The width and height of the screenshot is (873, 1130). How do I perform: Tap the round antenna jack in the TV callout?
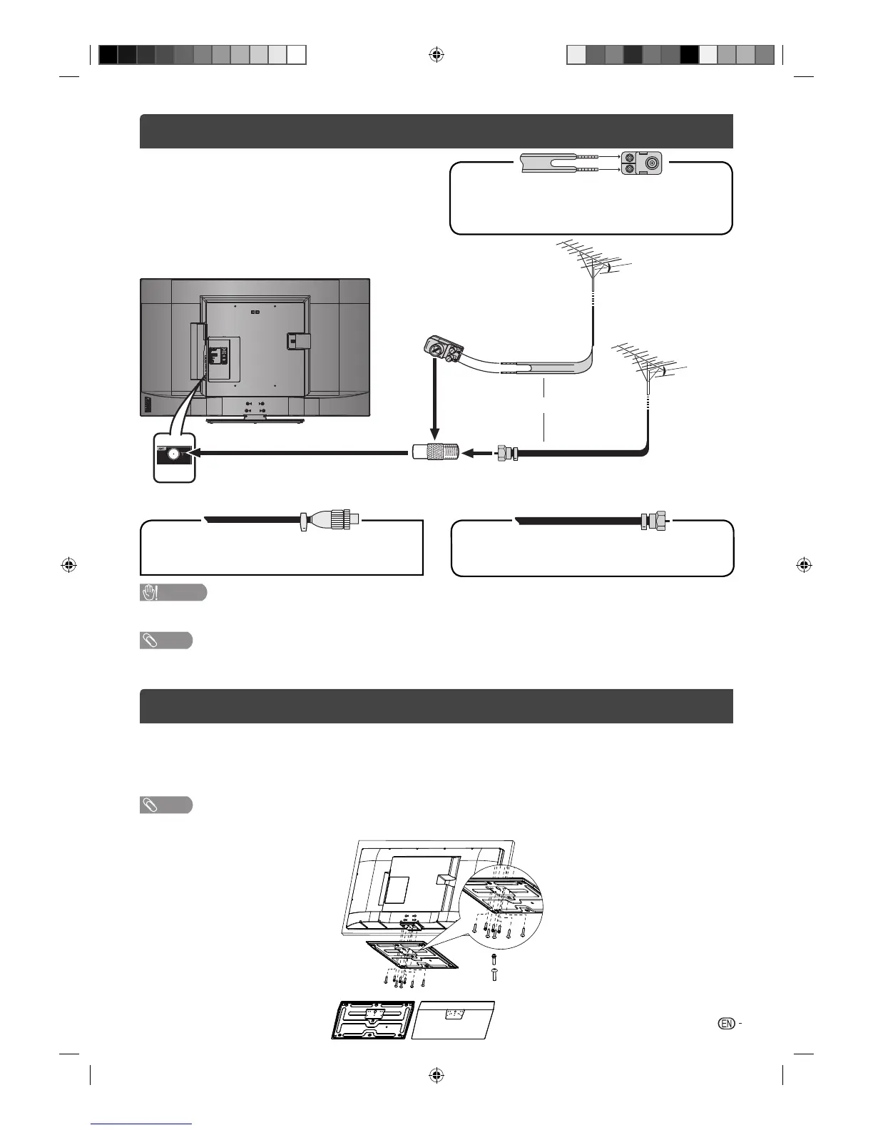pos(173,453)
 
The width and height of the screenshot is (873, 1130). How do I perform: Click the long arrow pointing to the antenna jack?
pos(300,452)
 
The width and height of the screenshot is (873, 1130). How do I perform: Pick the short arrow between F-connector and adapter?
pos(478,452)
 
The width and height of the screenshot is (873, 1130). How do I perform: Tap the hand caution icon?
pos(150,593)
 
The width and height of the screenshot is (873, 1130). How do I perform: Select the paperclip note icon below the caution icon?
pos(150,640)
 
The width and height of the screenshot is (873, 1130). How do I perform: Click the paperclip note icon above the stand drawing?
pos(150,805)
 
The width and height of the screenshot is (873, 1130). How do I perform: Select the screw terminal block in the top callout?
pos(640,163)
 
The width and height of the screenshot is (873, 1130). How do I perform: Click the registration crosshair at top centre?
pos(436,54)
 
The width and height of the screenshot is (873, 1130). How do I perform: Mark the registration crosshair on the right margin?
pos(803,566)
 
